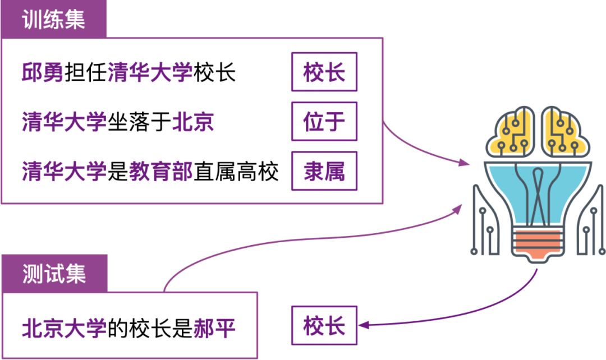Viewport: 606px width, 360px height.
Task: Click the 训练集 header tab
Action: click(53, 20)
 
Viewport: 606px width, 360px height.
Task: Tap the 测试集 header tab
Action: click(53, 274)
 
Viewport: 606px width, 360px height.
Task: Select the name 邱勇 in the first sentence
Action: click(43, 73)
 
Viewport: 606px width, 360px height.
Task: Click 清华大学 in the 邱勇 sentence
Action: click(150, 73)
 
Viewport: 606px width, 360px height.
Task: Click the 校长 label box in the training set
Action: click(324, 72)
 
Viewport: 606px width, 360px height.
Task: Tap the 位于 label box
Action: click(324, 122)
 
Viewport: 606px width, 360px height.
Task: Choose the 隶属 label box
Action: click(324, 171)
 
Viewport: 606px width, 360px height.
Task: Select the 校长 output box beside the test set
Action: click(324, 326)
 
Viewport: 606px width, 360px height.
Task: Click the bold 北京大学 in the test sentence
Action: click(64, 327)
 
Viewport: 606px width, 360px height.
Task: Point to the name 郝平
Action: click(214, 327)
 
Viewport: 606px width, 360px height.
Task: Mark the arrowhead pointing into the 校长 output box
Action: click(363, 325)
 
